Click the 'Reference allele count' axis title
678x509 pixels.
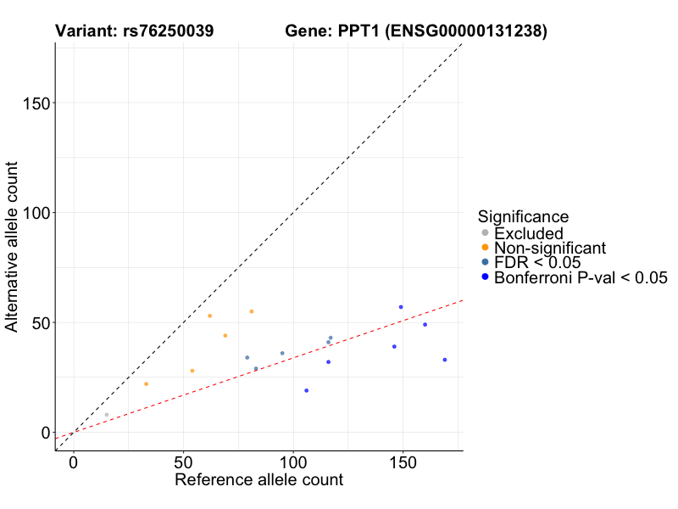point(258,480)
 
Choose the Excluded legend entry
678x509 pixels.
point(528,233)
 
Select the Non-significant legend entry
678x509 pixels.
point(549,248)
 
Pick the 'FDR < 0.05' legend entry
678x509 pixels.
point(536,262)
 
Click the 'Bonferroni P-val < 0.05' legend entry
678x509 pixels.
point(581,277)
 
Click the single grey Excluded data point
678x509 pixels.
point(107,415)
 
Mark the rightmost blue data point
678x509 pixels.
point(445,360)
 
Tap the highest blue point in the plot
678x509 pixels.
point(401,307)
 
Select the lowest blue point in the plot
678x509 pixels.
point(307,390)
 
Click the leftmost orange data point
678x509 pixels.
point(146,384)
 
